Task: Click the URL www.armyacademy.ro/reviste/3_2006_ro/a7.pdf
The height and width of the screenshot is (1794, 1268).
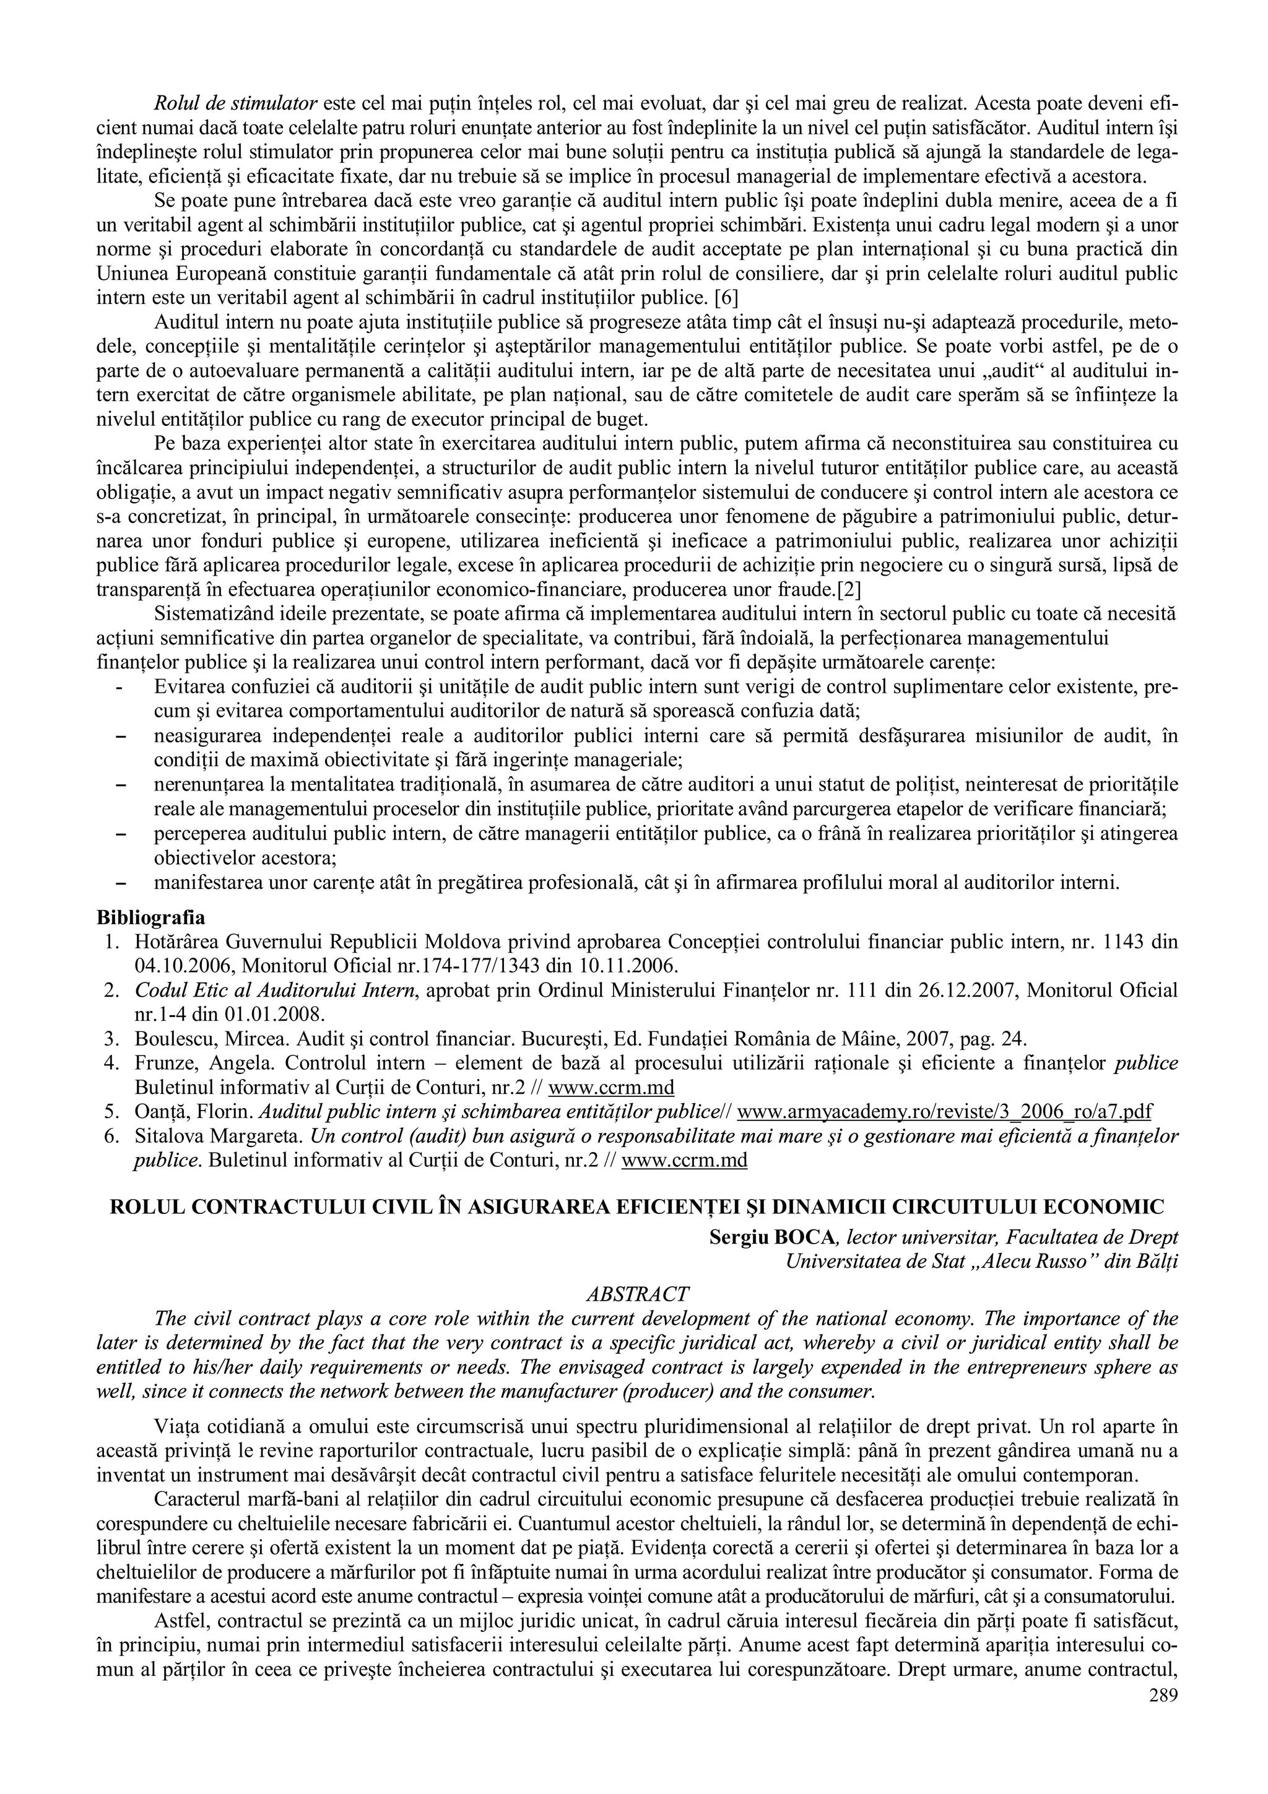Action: click(x=945, y=1111)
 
